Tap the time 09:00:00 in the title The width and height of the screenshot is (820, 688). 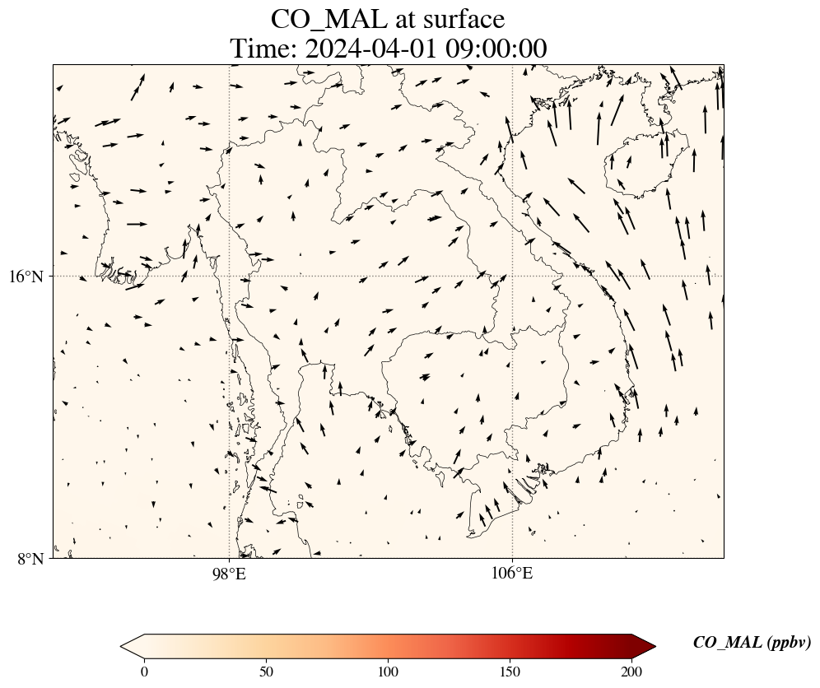coord(496,49)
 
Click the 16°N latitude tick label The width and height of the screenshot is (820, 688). coord(26,277)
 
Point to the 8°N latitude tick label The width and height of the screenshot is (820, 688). coord(31,559)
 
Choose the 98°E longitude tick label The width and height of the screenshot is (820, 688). coord(229,573)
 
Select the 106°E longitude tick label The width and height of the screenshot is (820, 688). coord(512,573)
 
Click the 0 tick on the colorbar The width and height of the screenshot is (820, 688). coord(145,671)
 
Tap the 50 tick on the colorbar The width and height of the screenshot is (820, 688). coord(267,671)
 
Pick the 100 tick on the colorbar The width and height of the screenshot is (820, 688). coord(389,671)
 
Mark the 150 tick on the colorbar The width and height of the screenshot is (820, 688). coord(510,671)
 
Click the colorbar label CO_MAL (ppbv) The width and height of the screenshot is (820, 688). coord(752,643)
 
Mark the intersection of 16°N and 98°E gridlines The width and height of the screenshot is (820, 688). coord(229,276)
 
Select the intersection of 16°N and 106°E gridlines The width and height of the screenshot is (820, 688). coord(512,276)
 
